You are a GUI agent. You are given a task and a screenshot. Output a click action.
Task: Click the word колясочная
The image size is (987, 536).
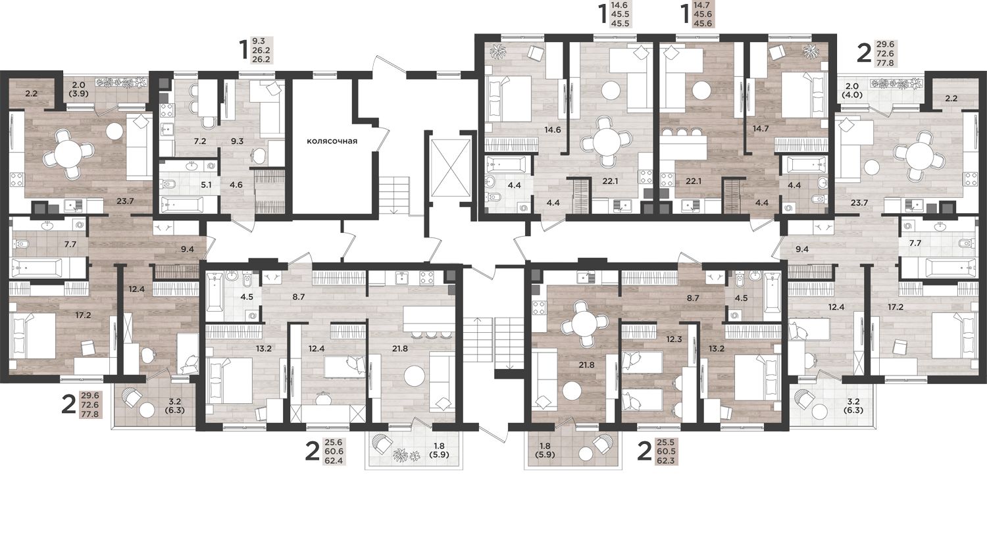tap(332, 141)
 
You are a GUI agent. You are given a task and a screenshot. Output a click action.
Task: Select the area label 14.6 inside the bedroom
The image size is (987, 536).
tap(552, 130)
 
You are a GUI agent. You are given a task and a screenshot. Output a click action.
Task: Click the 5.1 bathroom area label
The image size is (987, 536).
tap(206, 185)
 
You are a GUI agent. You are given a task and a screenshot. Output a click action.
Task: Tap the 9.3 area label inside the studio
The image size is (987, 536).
tap(237, 141)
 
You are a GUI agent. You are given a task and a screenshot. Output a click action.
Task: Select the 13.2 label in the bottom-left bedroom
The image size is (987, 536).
tap(263, 349)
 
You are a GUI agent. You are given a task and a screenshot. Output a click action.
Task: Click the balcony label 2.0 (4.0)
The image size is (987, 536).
tap(851, 90)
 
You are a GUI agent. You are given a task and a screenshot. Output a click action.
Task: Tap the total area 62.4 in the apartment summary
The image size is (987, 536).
tap(336, 461)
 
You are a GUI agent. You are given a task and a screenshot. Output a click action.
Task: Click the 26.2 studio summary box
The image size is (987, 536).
tap(261, 51)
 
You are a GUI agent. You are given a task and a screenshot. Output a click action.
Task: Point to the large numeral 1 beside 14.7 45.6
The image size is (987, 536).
tap(685, 14)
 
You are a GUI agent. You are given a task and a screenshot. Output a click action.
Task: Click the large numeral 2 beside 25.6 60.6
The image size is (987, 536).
tap(312, 451)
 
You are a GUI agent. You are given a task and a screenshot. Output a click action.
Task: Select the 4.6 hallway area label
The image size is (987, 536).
tap(236, 185)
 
